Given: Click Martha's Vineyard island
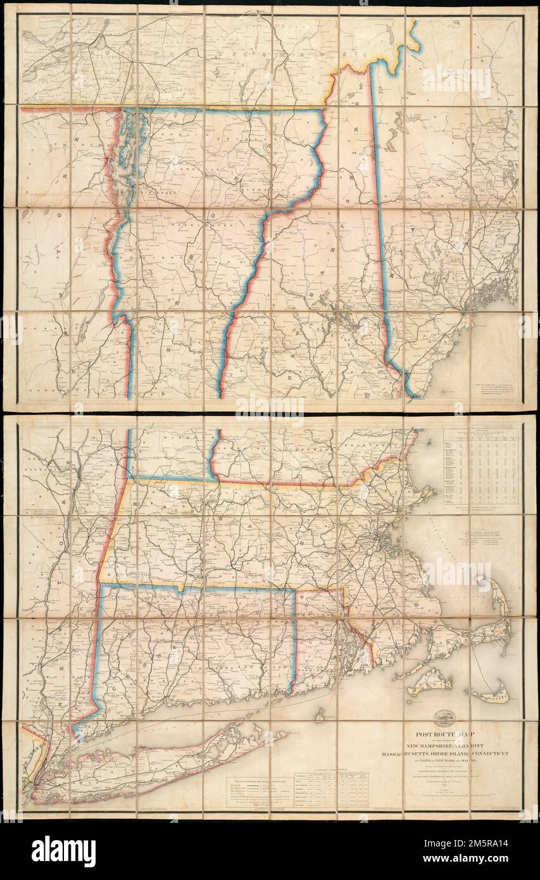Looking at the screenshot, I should tap(430, 682).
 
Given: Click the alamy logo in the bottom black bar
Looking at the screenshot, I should tap(63, 851).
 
